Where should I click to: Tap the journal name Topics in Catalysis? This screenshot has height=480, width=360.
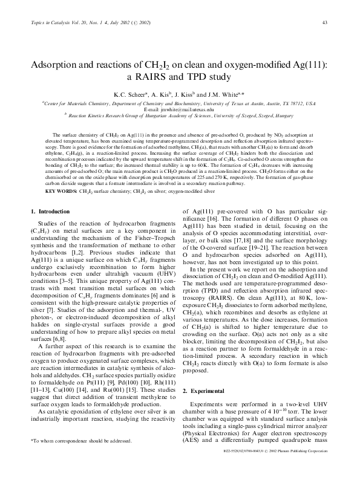tap(48, 23)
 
